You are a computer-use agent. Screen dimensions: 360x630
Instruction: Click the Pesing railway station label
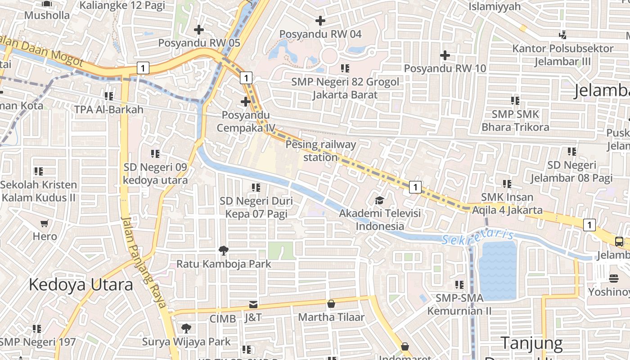tap(320, 151)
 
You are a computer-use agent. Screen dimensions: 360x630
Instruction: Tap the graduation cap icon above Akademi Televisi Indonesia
tap(380, 200)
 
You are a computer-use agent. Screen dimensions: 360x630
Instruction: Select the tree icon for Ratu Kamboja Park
tap(223, 251)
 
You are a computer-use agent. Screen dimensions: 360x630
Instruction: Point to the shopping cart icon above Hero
tap(45, 224)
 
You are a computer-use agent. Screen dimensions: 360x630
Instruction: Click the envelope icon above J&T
tap(253, 305)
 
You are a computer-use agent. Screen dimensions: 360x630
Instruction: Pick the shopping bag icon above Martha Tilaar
tap(331, 304)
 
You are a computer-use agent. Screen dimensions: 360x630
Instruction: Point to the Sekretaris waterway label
tap(478, 237)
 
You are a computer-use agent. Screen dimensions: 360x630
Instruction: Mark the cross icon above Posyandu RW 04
tap(320, 21)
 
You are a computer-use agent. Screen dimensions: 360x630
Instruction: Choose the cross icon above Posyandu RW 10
tap(445, 55)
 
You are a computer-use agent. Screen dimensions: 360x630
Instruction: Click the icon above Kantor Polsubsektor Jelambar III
tap(562, 35)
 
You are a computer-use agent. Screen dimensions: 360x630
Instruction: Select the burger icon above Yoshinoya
tap(613, 279)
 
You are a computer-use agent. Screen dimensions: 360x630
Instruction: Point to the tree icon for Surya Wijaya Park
tap(186, 328)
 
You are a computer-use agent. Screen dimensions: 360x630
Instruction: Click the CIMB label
tap(222, 319)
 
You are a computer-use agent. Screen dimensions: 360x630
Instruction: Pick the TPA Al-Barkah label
tap(108, 109)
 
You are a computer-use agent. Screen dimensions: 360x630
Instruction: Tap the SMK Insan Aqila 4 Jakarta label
tap(507, 203)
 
